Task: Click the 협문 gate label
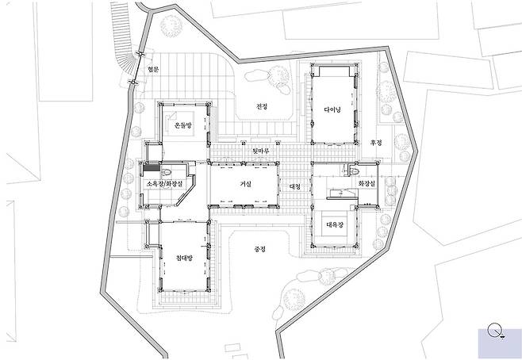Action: click(x=153, y=70)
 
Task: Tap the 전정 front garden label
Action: click(x=262, y=106)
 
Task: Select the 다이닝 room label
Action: click(x=332, y=109)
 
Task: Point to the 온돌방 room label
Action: click(x=183, y=125)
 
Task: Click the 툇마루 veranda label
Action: click(x=261, y=151)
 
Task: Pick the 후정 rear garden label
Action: click(x=376, y=143)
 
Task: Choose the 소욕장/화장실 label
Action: click(x=164, y=183)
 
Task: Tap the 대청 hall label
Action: click(x=295, y=186)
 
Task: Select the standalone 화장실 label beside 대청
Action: click(x=367, y=183)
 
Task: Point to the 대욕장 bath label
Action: click(x=335, y=224)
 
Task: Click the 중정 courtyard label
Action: click(x=259, y=249)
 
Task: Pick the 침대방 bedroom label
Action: click(x=184, y=258)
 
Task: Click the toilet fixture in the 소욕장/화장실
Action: click(x=167, y=172)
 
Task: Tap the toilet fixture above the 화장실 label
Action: click(x=354, y=171)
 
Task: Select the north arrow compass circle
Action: click(x=494, y=330)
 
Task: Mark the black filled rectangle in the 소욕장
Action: click(x=152, y=168)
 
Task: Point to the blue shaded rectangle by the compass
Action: click(x=500, y=343)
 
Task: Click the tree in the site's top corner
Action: click(x=171, y=25)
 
